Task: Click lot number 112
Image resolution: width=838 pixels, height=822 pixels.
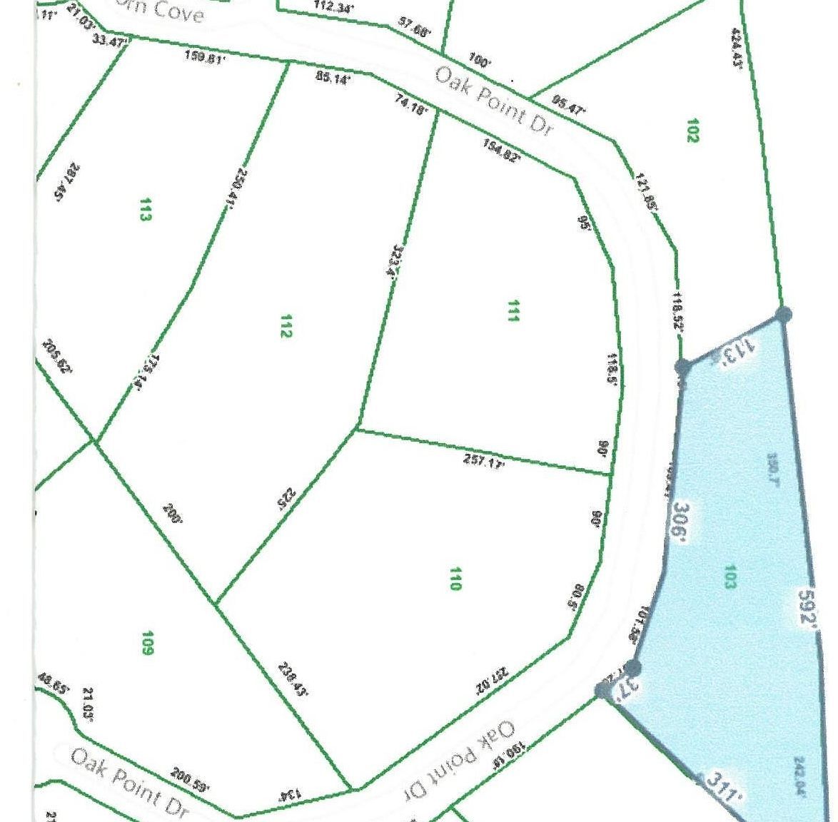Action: pos(286,327)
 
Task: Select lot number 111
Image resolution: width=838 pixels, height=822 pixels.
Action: pos(512,311)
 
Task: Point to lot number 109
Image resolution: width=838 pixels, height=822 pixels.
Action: pos(147,642)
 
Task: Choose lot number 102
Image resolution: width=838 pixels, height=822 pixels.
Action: pos(691,131)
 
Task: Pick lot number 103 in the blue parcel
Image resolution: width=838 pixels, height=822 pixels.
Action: pos(729,576)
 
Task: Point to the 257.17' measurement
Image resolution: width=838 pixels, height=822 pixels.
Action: pos(484,462)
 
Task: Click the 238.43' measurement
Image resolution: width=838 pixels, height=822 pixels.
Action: pos(292,679)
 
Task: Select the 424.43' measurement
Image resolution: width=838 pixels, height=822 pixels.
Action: pos(738,47)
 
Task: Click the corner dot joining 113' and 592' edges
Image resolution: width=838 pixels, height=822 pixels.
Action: pos(783,313)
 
